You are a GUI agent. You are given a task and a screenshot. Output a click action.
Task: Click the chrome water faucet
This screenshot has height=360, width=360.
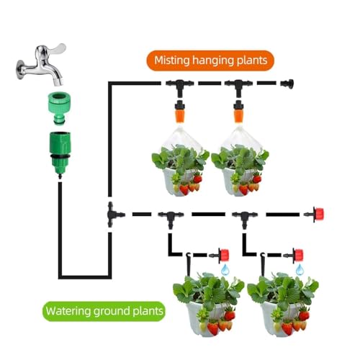[x=41, y=65]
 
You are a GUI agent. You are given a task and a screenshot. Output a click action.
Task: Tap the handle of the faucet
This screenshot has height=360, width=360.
[x=55, y=48]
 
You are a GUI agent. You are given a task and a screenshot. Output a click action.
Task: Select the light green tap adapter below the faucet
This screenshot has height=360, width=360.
[x=59, y=108]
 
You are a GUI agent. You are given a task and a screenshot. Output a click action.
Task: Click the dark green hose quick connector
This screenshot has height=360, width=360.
[x=60, y=153]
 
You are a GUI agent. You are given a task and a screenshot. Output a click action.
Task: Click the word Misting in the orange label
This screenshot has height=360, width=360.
[x=172, y=60]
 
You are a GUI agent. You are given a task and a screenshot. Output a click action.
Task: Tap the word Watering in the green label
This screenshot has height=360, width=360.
[x=68, y=311]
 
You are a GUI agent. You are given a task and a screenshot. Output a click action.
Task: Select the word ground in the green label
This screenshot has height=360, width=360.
[x=112, y=312]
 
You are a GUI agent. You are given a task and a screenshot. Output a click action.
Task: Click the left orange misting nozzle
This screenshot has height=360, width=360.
[x=179, y=112]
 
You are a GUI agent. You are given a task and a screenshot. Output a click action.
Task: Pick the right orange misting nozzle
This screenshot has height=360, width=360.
[x=238, y=112]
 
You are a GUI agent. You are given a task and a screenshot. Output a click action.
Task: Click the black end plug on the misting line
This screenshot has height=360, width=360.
[x=287, y=84]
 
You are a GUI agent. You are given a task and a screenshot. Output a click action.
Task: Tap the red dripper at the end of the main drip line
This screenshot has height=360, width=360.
[x=315, y=214]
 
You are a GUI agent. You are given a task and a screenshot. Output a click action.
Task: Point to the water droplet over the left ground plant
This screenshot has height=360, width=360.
[x=225, y=269]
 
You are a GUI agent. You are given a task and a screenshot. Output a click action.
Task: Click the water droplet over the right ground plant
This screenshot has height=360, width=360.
[x=300, y=269]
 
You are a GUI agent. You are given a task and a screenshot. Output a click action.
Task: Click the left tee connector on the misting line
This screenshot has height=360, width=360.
[x=180, y=86]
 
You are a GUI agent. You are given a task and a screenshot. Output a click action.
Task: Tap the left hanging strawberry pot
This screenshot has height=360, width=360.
[x=180, y=171]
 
